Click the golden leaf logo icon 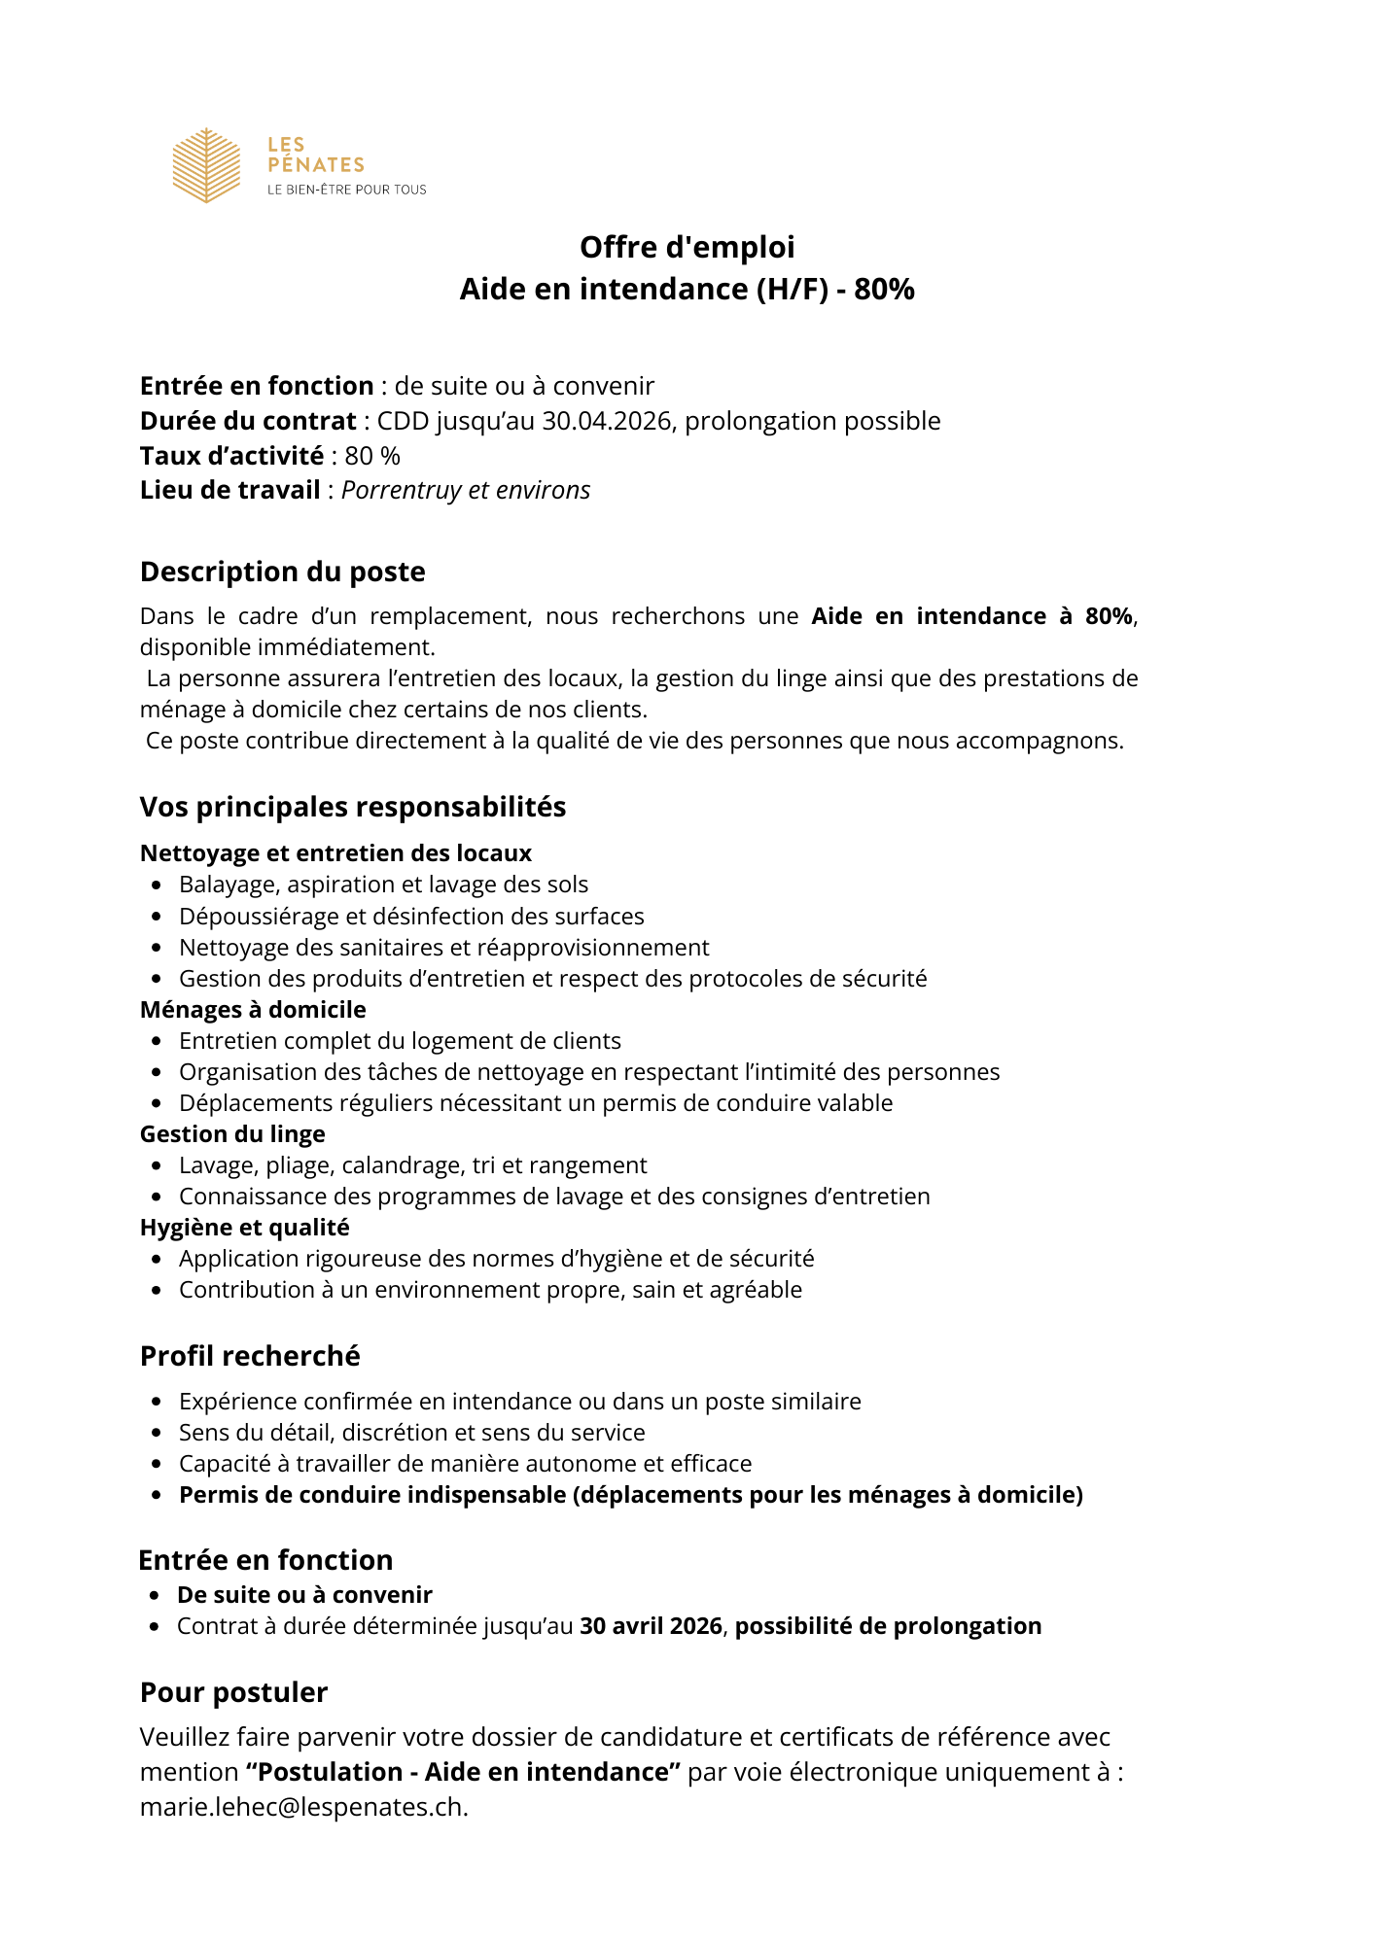pos(206,165)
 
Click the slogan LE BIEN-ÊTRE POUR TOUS pos(347,190)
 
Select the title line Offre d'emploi pos(687,248)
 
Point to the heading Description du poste pos(282,572)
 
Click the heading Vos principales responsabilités pos(353,807)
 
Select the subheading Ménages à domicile pos(253,1010)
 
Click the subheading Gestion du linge pos(232,1134)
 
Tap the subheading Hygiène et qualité pos(244,1228)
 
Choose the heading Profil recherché pos(250,1356)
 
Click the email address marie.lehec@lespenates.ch pos(302,1807)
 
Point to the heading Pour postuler pos(233,1692)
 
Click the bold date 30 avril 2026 pos(651,1626)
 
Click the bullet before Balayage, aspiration pos(157,885)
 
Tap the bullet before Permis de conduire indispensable pos(157,1496)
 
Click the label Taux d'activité pos(231,456)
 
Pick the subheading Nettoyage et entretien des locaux pos(335,853)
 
